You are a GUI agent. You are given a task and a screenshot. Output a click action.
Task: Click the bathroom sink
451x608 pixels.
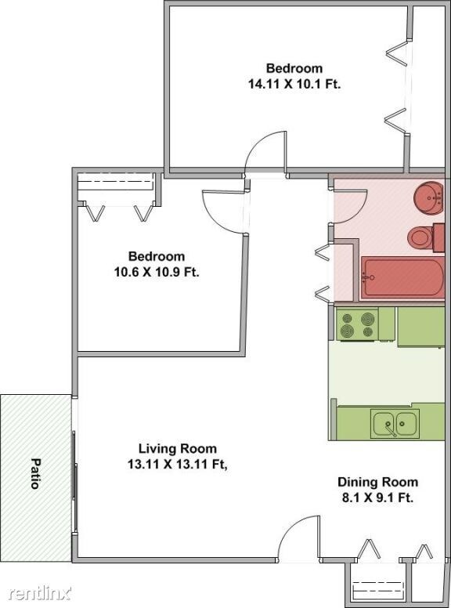tap(428, 197)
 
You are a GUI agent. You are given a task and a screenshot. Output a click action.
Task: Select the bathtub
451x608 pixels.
tap(402, 279)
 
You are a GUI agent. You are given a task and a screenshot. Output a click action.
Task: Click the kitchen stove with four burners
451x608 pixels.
tap(357, 324)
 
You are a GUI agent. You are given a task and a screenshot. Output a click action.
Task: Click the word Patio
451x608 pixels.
tap(35, 473)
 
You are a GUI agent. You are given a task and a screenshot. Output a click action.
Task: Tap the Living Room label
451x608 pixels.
tap(177, 449)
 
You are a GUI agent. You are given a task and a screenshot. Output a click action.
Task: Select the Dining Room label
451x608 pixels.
tap(377, 482)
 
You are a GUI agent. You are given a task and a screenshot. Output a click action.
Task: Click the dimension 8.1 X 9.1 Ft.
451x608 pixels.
tap(377, 498)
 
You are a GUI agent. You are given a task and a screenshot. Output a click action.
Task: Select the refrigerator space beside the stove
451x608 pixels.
tap(420, 326)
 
